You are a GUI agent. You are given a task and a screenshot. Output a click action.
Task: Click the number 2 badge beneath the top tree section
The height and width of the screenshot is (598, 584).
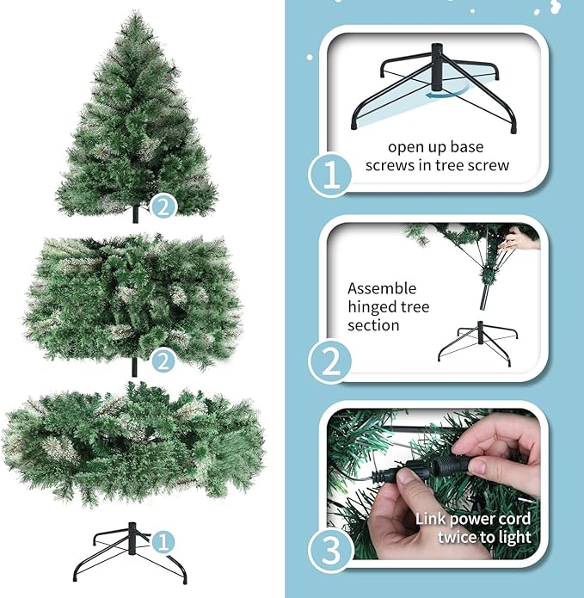tap(163, 206)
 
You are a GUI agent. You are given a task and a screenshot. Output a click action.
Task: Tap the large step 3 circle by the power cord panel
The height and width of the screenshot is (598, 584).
tap(330, 546)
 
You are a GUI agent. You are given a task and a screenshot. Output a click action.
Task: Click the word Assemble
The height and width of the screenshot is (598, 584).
tap(382, 288)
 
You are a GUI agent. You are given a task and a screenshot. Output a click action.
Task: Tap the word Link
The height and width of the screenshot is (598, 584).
tap(432, 519)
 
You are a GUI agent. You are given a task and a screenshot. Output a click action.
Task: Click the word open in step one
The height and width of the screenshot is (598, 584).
tap(405, 147)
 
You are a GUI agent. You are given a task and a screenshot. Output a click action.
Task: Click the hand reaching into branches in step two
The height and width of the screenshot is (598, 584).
tap(518, 238)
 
